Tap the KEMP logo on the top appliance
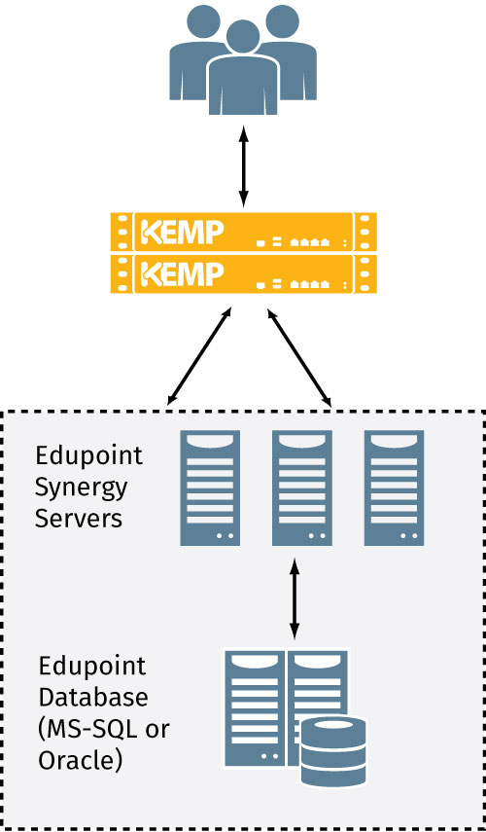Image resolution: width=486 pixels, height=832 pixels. click(x=183, y=233)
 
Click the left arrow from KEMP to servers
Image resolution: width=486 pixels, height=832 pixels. click(x=200, y=355)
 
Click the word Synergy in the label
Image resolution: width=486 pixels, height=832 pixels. click(x=81, y=486)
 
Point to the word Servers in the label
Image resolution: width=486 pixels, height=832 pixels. click(x=79, y=517)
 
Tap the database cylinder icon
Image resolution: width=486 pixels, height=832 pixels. click(x=333, y=750)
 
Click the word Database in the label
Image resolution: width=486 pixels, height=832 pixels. click(x=93, y=698)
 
